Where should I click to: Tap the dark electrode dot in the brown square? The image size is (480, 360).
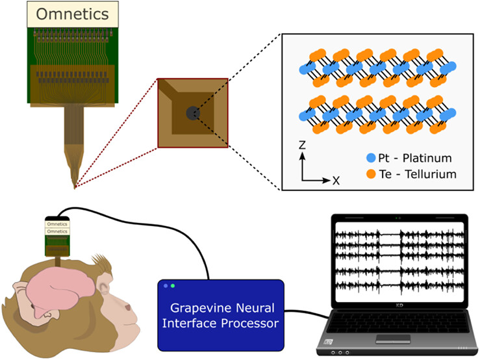[x=193, y=113]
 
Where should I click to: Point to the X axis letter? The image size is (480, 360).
[x=336, y=181]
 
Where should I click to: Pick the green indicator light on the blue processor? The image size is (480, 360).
[x=173, y=286]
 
